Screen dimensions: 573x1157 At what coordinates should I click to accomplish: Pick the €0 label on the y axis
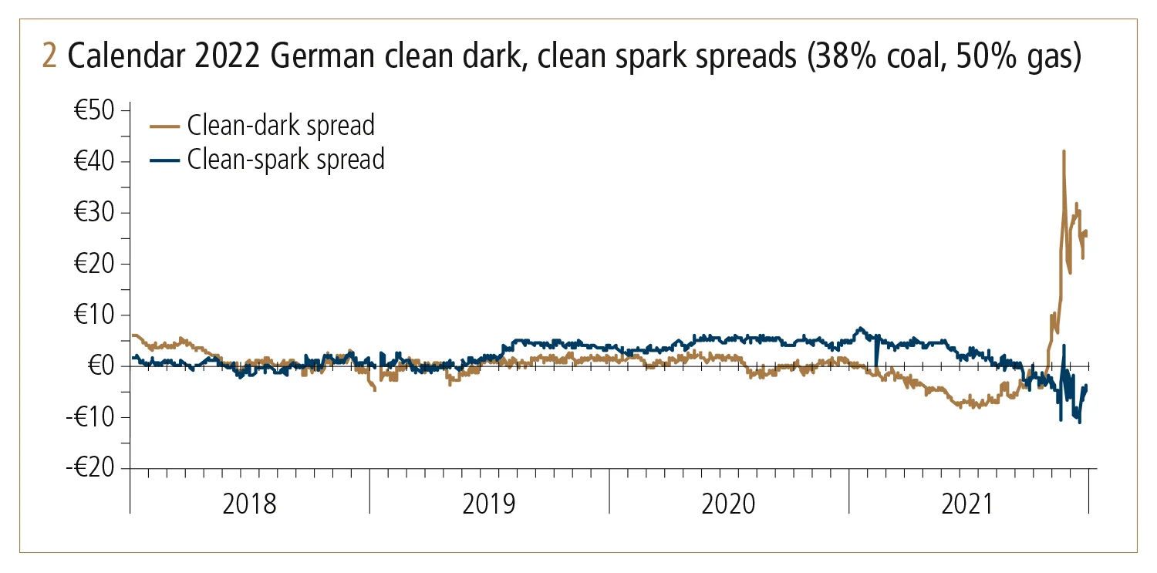(102, 366)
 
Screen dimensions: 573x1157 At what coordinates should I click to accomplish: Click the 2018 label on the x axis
(249, 505)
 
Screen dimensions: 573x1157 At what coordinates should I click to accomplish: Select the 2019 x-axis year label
(489, 505)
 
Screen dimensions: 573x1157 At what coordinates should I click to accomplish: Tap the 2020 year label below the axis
(729, 505)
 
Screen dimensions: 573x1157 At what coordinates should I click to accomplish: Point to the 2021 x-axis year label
(969, 505)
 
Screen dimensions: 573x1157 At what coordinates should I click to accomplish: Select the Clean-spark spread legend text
(285, 160)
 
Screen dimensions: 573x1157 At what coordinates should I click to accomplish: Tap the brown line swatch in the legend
(165, 124)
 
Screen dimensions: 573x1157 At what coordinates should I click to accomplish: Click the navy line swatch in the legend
(165, 160)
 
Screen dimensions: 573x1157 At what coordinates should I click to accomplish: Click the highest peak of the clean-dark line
(1064, 151)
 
